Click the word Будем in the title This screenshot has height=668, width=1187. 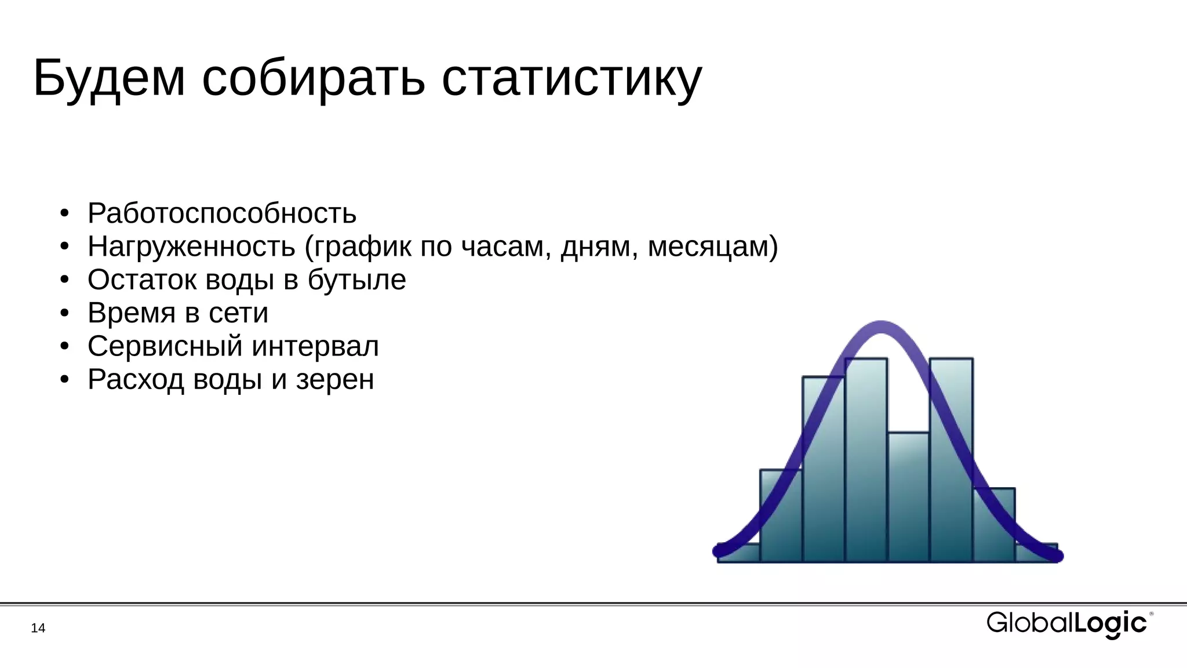(x=109, y=78)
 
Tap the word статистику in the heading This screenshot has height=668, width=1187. (x=571, y=78)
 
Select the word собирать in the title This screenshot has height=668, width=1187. (x=313, y=78)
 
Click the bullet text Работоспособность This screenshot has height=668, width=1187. (x=221, y=213)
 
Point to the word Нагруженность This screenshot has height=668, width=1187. (x=191, y=246)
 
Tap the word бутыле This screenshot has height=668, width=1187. (x=356, y=279)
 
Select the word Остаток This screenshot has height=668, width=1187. (x=142, y=279)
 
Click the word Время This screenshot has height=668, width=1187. (x=132, y=313)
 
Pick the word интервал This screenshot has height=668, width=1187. (x=315, y=346)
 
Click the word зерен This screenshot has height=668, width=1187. (x=335, y=380)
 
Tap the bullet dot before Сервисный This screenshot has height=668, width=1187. (x=64, y=347)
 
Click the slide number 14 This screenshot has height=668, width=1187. (x=38, y=628)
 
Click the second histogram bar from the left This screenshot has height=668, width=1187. (x=781, y=516)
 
